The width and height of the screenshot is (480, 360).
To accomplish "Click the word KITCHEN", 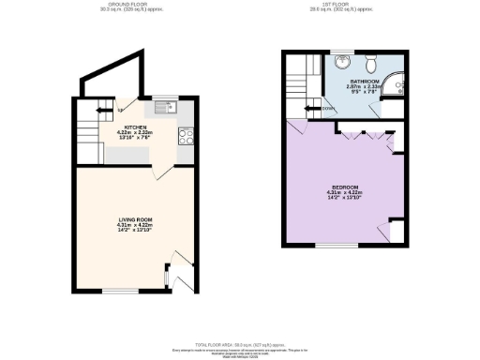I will [x=135, y=126].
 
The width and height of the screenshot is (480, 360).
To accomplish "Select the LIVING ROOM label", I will [x=134, y=219].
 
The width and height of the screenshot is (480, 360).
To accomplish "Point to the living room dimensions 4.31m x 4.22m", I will [x=134, y=225].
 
